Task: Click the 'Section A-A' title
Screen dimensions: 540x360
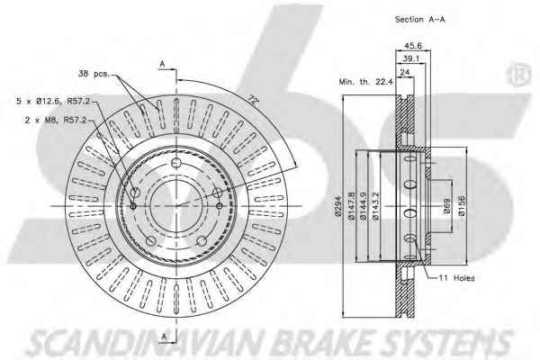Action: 419,20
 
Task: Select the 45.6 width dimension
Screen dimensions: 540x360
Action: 413,46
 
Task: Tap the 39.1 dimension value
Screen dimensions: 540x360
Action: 411,58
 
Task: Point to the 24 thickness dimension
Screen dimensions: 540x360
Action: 405,72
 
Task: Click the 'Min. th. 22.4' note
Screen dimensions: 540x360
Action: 365,82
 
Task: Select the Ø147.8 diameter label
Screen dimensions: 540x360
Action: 351,206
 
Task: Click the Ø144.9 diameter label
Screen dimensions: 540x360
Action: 363,206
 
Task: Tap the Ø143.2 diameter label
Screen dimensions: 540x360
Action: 375,206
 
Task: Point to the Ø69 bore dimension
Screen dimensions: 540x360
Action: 446,206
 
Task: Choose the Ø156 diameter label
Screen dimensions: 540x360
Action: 462,206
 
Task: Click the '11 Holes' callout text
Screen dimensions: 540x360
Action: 456,278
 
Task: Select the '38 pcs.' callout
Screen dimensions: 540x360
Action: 94,74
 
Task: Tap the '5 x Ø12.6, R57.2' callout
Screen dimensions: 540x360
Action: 53,102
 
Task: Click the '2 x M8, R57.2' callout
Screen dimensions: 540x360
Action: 56,121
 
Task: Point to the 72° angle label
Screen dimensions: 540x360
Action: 253,100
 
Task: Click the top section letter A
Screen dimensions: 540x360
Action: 163,64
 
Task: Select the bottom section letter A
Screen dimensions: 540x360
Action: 165,336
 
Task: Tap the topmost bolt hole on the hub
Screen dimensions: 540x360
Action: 176,163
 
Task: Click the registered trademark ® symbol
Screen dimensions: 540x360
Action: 518,75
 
